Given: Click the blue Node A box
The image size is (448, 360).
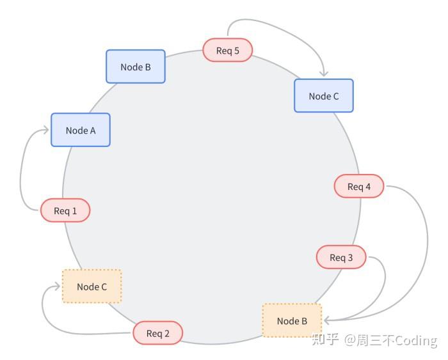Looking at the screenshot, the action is pyautogui.click(x=81, y=130).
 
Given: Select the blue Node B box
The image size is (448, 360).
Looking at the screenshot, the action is pyautogui.click(x=136, y=67).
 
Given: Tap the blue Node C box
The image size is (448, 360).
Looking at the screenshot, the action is pyautogui.click(x=324, y=96).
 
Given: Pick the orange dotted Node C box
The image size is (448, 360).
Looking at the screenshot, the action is pyautogui.click(x=92, y=286).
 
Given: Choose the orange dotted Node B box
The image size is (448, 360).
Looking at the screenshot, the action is pyautogui.click(x=292, y=320).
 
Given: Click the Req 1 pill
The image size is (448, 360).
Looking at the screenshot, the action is pyautogui.click(x=65, y=210).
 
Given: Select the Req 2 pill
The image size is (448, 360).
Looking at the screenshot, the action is pyautogui.click(x=157, y=333).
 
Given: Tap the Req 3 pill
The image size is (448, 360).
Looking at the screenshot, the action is pyautogui.click(x=341, y=257).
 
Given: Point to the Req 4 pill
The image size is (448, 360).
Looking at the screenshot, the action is pyautogui.click(x=359, y=186).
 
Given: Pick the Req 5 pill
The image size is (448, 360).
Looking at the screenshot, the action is pyautogui.click(x=228, y=51).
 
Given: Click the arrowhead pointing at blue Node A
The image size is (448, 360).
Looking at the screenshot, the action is pyautogui.click(x=46, y=130).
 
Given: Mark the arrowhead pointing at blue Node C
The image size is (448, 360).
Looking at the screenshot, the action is pyautogui.click(x=324, y=74).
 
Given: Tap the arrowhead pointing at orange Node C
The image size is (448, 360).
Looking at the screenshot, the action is pyautogui.click(x=58, y=286).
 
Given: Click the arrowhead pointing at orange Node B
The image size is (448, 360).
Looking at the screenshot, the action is pyautogui.click(x=326, y=320).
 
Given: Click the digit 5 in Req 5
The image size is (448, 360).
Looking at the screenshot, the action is pyautogui.click(x=237, y=51).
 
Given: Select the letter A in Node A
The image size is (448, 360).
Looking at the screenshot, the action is pyautogui.click(x=93, y=130).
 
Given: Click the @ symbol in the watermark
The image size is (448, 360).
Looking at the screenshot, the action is pyautogui.click(x=350, y=340).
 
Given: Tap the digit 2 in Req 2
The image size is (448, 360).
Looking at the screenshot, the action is pyautogui.click(x=166, y=333).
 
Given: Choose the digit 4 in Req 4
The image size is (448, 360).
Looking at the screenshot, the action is pyautogui.click(x=368, y=187).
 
